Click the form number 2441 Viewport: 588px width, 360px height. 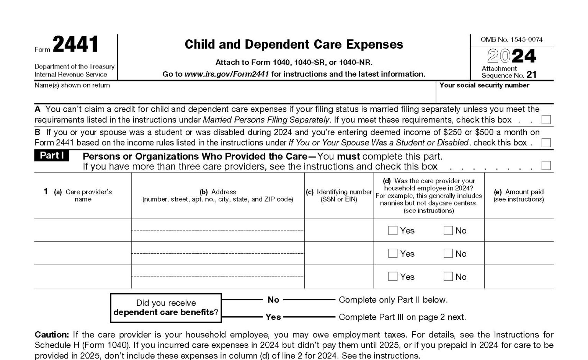coord(75,44)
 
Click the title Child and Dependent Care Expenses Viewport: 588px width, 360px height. coord(294,44)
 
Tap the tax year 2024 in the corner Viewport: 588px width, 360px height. coord(511,56)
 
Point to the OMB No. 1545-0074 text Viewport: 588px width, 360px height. coord(511,39)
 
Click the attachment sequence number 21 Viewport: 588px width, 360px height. coord(531,75)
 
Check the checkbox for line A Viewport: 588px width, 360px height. coord(546,120)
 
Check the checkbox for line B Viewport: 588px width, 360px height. coord(546,143)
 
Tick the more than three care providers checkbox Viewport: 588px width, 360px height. coord(546,166)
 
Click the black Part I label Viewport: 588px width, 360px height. coord(52,156)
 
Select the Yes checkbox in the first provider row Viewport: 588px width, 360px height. coord(393,230)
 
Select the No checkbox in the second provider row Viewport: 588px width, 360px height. coord(448,253)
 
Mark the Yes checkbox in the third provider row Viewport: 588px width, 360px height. coord(393,276)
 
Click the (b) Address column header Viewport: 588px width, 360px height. coord(217,195)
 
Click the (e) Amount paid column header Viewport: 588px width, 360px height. coord(519,195)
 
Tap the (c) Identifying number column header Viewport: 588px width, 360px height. coord(339,195)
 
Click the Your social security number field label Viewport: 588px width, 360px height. coord(484,85)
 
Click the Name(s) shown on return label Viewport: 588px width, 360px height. coord(72,85)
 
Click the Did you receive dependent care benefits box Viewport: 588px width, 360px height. coord(166,308)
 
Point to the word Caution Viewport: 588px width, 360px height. coord(52,335)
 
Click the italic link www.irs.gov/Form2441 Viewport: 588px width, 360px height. coord(227,74)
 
